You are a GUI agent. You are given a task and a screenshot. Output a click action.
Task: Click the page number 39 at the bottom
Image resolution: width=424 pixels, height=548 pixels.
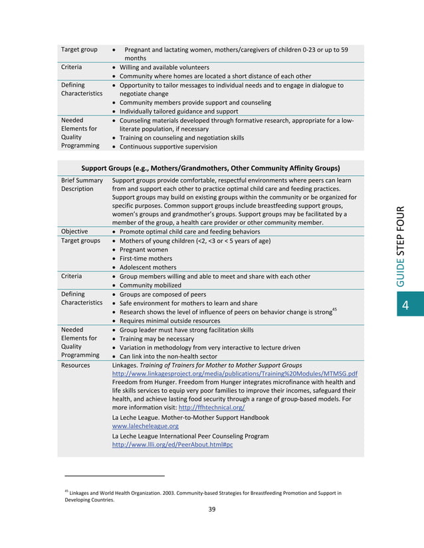point(211,509)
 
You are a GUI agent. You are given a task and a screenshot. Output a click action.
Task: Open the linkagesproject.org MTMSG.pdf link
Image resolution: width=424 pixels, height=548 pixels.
point(235,374)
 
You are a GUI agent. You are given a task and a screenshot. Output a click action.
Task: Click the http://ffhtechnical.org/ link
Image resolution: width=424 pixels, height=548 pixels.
point(211,407)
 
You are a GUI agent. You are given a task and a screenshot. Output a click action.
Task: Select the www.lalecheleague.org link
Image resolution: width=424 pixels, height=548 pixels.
point(146,427)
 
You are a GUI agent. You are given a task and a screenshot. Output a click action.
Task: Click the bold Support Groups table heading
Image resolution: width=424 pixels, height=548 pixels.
point(210,168)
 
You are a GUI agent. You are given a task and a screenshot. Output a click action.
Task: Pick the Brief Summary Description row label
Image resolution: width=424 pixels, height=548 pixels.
point(82,184)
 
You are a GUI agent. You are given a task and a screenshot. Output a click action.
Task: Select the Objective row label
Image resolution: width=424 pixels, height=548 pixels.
point(74,232)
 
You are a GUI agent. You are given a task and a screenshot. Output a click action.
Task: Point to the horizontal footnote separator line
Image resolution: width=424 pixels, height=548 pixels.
point(114,476)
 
